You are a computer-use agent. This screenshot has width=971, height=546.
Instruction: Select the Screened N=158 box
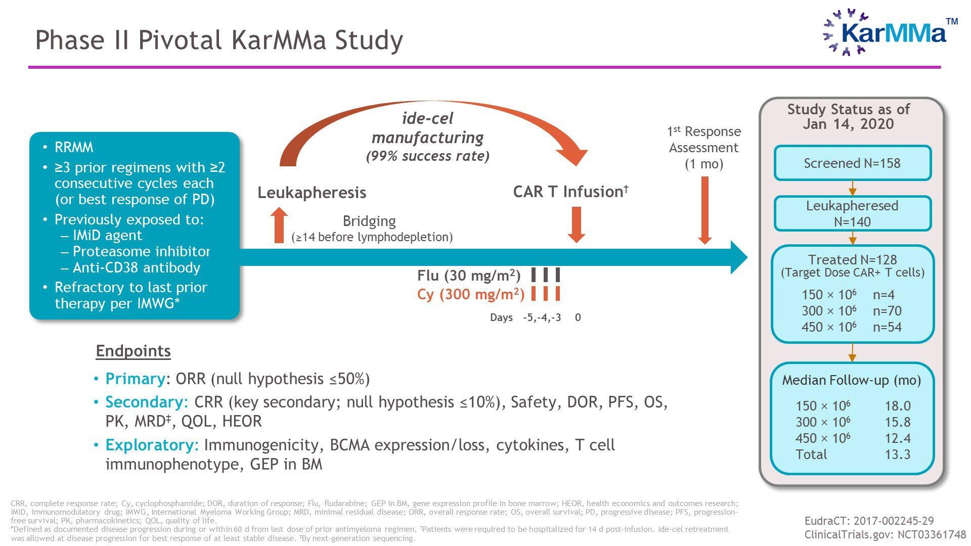point(852,163)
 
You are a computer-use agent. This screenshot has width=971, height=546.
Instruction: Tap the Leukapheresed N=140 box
point(852,213)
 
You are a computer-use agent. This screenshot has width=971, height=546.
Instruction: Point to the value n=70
point(887,311)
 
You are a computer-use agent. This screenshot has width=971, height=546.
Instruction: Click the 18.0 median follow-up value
point(897,406)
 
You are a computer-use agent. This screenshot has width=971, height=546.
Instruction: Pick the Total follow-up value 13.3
point(897,454)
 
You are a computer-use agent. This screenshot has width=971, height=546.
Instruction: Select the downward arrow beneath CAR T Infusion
point(577,224)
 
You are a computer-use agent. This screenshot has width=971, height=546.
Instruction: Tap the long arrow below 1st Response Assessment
point(705,210)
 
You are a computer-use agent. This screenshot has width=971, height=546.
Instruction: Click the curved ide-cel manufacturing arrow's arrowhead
point(574,154)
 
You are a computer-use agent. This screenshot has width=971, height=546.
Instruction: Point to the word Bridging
point(369,221)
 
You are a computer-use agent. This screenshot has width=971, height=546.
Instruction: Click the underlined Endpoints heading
point(133,351)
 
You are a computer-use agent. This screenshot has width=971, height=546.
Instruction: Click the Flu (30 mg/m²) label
point(468,276)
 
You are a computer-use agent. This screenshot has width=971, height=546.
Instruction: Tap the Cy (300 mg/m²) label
point(470,294)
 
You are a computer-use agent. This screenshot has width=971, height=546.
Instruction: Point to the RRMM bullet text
point(74,148)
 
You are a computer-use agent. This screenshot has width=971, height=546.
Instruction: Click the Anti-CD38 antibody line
point(136,267)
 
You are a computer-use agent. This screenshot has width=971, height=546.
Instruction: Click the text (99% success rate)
point(427,156)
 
